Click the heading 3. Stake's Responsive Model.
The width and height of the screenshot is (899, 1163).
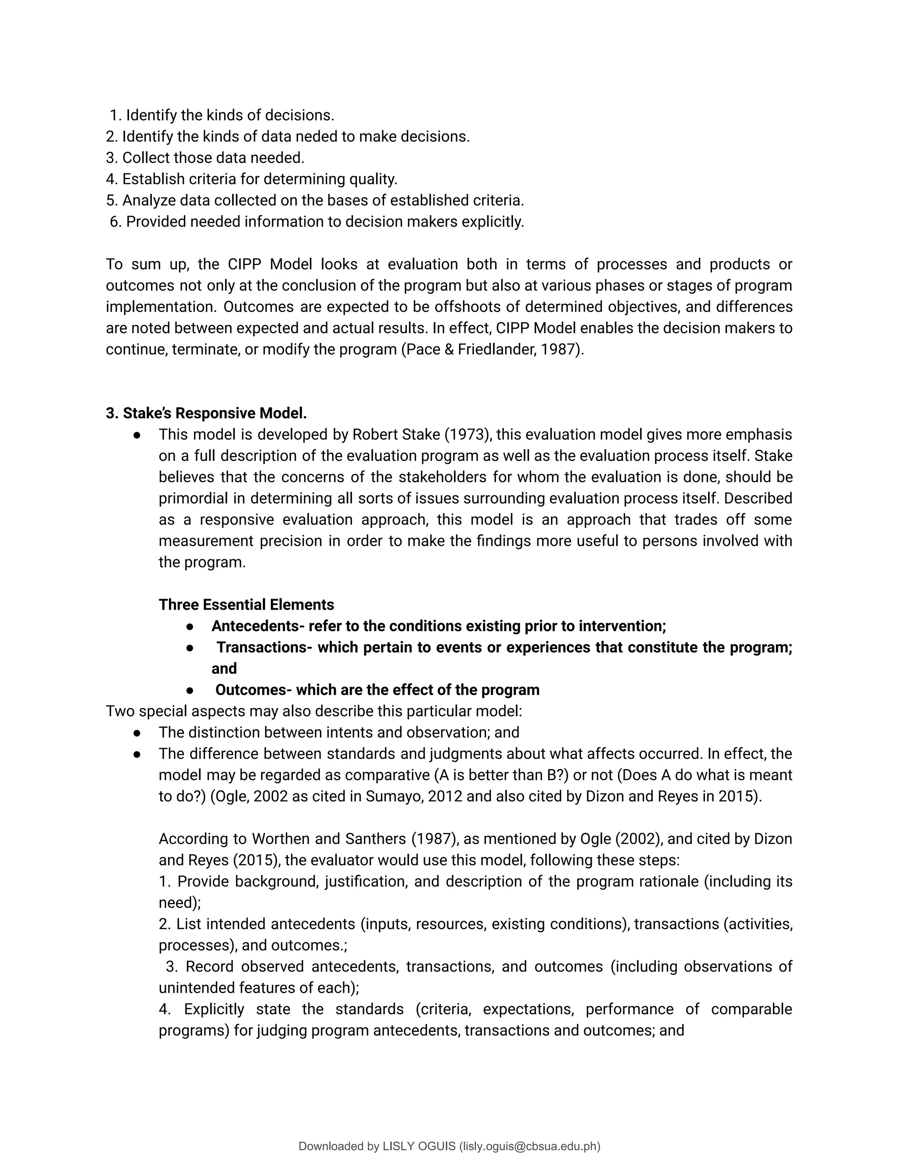[206, 413]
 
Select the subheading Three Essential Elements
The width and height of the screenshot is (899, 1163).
[246, 605]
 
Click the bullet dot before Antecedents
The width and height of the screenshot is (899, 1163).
[190, 627]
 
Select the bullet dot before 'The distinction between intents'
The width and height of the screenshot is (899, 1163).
[137, 733]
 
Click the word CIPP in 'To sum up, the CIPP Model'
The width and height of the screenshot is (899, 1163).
[244, 264]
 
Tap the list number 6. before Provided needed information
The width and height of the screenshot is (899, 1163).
[115, 222]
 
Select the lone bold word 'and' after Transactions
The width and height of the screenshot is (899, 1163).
[224, 669]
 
